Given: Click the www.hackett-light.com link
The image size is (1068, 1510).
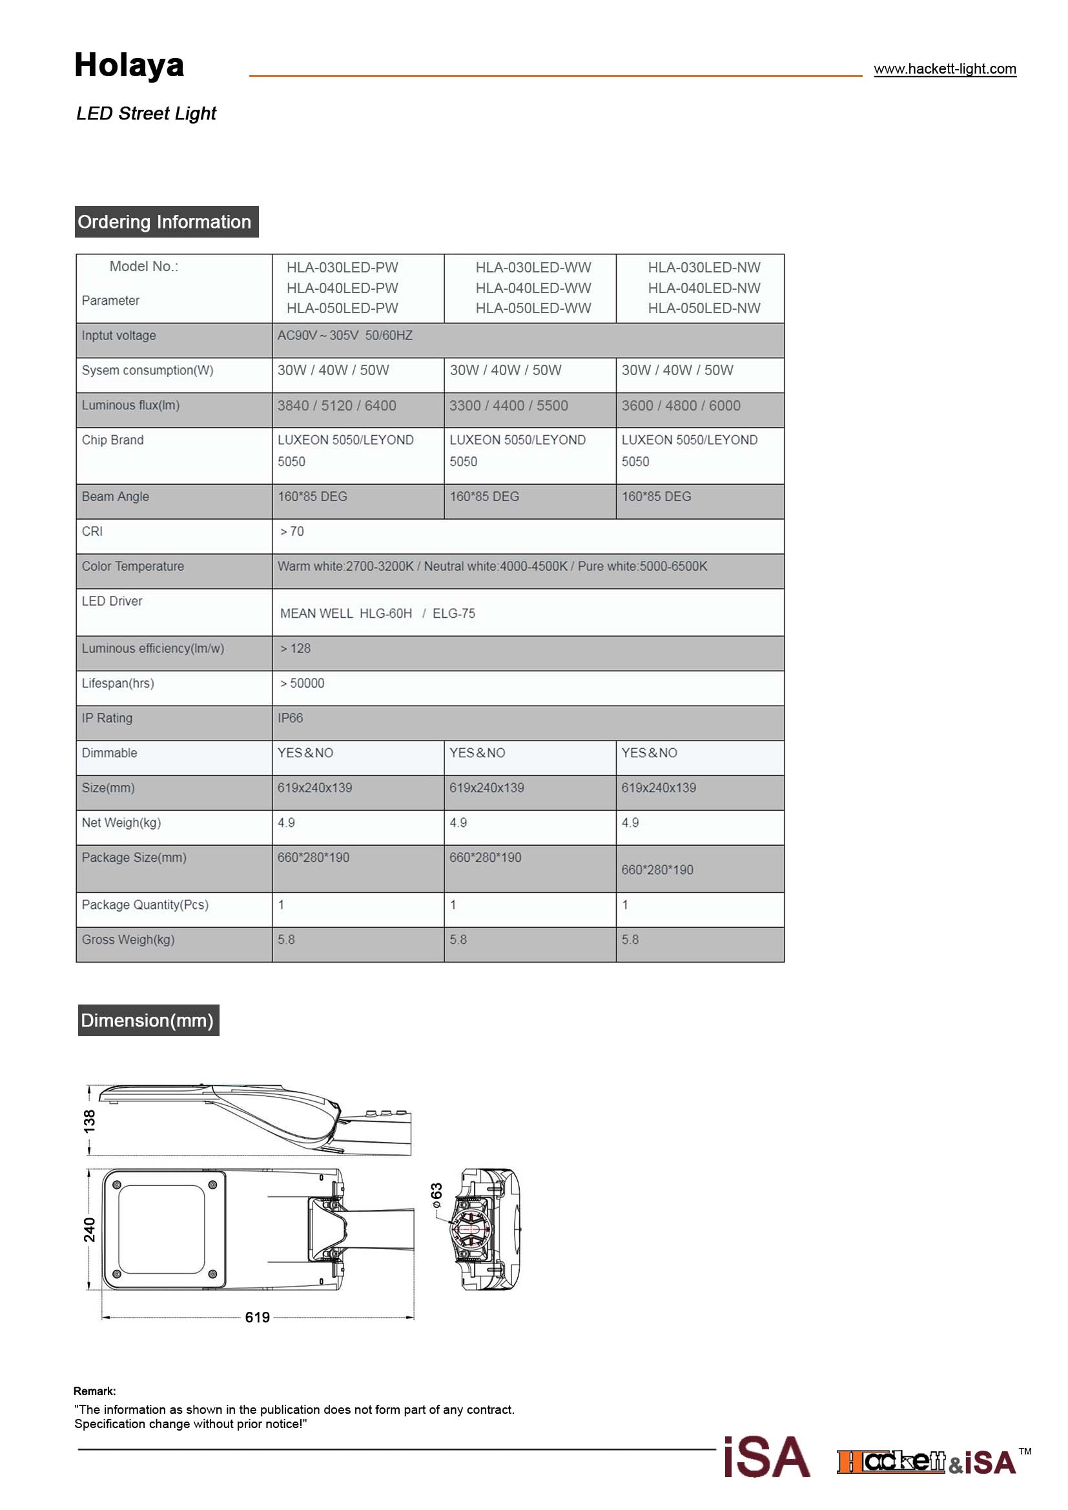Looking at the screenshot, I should point(945,69).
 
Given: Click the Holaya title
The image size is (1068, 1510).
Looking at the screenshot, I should point(129,65).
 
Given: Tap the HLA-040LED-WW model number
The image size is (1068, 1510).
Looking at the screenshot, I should point(533,288).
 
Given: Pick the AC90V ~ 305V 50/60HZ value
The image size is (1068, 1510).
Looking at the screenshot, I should point(345,336).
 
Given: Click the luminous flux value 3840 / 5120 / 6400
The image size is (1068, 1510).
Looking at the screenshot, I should point(336,406).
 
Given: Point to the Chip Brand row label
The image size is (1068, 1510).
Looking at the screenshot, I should point(112,440).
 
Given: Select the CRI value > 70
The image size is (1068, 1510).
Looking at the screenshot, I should point(292,531).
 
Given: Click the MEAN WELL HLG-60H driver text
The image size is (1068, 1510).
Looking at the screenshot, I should point(346,613).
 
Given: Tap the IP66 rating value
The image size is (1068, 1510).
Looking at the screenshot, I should point(290,718).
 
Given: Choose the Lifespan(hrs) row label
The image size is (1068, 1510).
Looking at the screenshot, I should point(118,683).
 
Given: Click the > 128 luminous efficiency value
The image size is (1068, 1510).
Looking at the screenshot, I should point(295,648).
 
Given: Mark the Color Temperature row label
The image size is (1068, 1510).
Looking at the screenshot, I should point(133,566).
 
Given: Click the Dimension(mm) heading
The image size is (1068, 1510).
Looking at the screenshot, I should point(148,1021).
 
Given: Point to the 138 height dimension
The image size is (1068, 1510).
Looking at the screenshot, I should point(90,1121).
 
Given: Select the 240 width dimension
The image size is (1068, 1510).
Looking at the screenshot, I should point(90,1230).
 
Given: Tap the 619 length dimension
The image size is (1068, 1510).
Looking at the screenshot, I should point(257,1318).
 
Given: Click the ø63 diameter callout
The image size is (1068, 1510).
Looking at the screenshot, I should point(436,1194).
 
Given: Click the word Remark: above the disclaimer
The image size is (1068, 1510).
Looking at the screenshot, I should point(95,1391).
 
